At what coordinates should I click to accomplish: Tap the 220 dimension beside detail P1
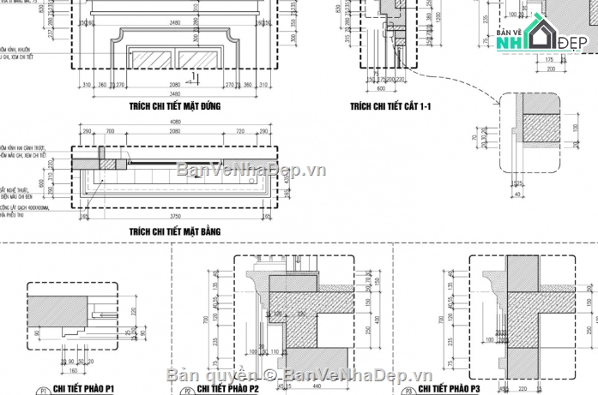(136, 313)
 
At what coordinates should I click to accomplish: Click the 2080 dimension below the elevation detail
(174, 85)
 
